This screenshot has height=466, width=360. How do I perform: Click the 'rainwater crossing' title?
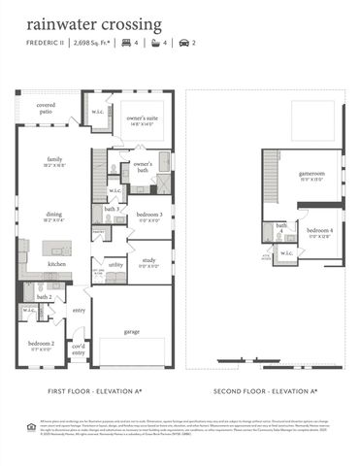94,23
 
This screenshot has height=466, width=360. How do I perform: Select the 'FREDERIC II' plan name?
47,44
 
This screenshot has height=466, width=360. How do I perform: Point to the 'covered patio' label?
46,108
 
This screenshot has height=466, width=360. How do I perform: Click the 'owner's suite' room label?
142,117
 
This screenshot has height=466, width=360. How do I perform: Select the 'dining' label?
54,216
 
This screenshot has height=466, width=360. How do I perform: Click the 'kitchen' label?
57,263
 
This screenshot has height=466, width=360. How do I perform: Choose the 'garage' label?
131,331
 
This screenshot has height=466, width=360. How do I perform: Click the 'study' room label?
148,260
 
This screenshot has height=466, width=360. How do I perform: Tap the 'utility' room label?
115,263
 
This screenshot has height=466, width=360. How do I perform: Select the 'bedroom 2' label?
40,344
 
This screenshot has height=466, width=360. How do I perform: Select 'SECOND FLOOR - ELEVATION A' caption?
266,391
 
